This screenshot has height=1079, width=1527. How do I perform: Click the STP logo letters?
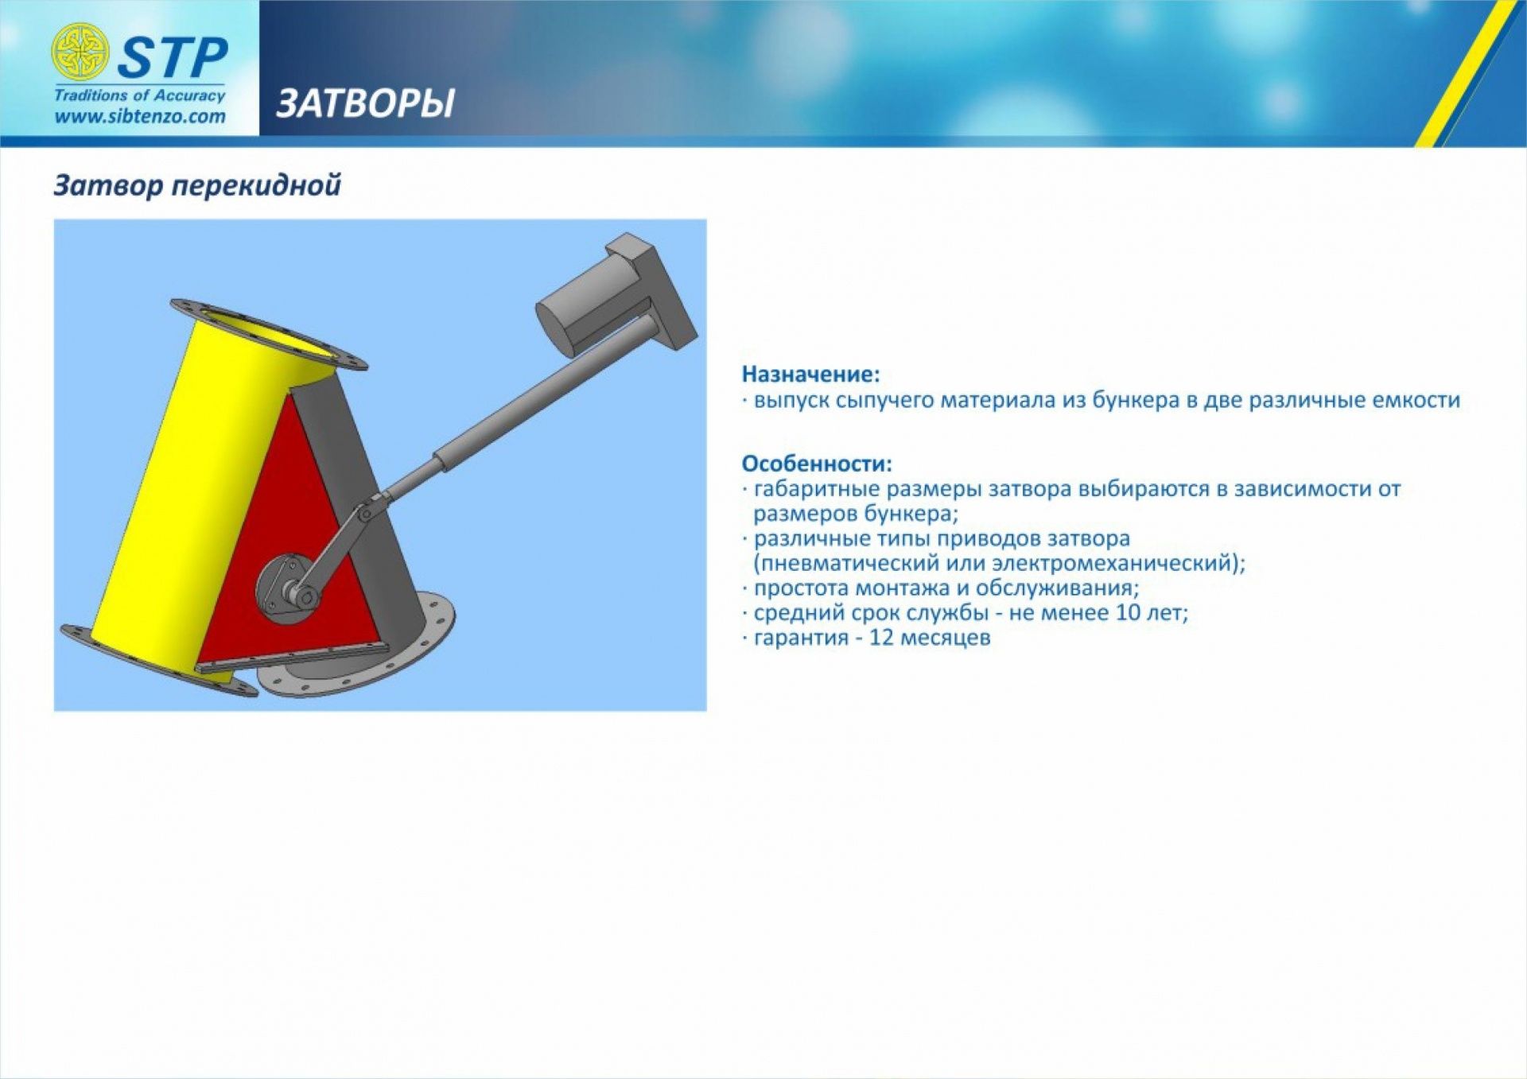click(173, 57)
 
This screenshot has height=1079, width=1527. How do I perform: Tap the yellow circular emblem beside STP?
click(80, 52)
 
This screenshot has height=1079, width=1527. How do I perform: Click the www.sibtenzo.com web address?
click(140, 116)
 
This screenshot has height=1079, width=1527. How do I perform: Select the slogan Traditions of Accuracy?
click(140, 95)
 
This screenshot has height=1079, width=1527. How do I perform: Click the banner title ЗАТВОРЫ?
click(366, 103)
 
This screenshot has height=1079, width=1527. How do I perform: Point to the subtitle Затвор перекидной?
click(197, 185)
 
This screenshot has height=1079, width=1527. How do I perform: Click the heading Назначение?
click(810, 374)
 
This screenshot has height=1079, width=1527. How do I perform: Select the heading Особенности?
click(817, 463)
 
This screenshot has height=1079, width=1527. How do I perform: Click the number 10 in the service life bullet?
click(1129, 612)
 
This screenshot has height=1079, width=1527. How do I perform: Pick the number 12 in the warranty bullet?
click(881, 638)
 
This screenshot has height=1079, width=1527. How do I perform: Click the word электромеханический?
click(1121, 563)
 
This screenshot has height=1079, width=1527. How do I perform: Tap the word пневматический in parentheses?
click(846, 564)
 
